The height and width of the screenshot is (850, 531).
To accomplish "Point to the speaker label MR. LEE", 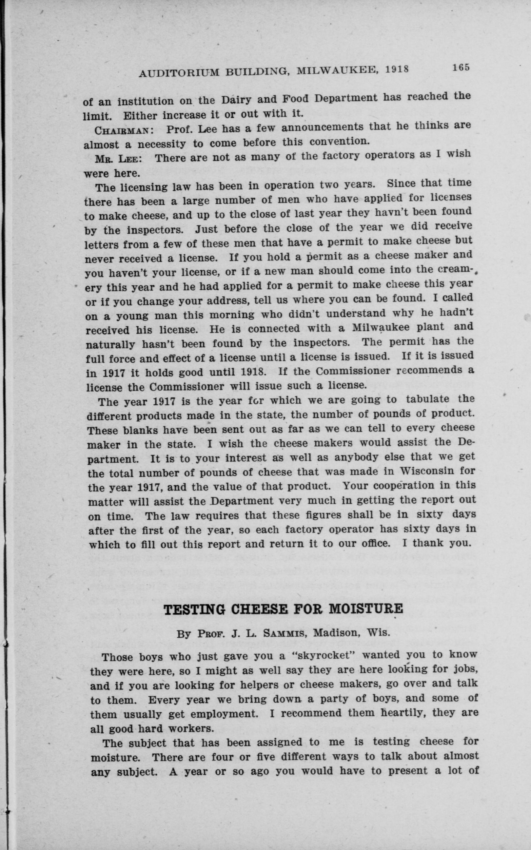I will (x=118, y=159).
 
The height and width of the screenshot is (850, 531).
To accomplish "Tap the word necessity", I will (x=161, y=144).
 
